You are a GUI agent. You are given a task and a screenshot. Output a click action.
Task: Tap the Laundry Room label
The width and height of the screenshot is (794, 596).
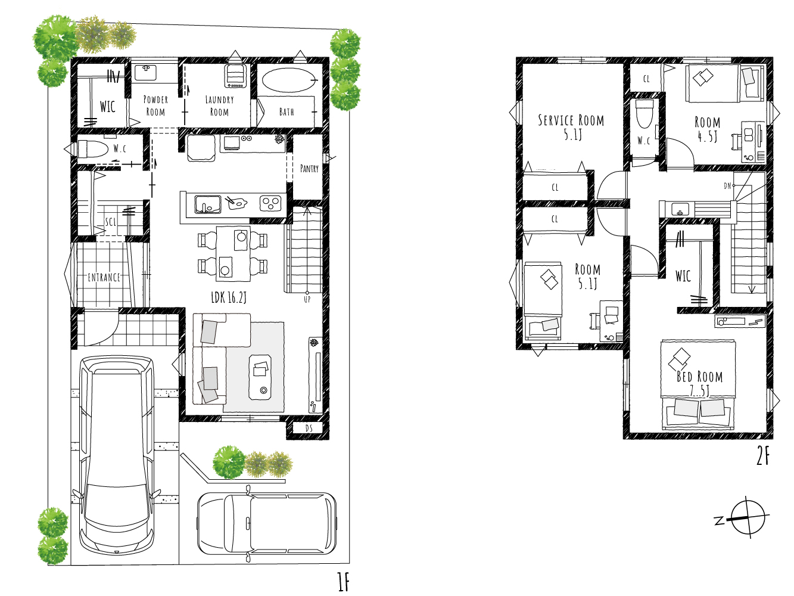[220, 105]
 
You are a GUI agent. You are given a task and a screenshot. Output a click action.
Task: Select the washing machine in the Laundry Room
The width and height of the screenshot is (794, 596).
[236, 76]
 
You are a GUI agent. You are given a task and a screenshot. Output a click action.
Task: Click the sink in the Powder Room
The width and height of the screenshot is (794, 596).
[146, 72]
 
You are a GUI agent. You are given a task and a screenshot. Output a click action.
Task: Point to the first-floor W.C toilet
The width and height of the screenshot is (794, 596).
[93, 149]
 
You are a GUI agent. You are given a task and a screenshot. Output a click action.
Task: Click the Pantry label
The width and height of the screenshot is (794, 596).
[309, 168]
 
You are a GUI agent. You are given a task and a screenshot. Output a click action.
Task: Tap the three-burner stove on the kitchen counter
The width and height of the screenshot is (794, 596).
[270, 203]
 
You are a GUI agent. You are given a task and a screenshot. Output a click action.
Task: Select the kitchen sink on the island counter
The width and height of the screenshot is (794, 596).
[208, 204]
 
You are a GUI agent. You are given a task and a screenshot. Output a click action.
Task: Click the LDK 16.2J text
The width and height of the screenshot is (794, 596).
[229, 297]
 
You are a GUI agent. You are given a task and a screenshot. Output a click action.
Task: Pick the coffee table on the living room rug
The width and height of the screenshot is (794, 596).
[260, 377]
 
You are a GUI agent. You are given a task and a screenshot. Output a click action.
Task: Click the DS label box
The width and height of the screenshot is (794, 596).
[309, 428]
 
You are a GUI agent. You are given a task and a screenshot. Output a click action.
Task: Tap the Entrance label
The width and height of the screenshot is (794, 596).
[104, 278]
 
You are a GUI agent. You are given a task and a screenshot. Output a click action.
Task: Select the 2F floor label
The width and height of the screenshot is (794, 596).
[762, 457]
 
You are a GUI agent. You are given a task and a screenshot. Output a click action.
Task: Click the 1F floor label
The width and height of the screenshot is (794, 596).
[343, 582]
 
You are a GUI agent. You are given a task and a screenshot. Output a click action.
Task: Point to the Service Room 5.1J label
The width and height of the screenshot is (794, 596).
[571, 127]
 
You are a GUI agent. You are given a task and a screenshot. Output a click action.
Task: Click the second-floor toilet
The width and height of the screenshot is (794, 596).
[644, 113]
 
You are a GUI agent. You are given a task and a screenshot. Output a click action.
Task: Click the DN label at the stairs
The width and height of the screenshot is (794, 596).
[727, 186]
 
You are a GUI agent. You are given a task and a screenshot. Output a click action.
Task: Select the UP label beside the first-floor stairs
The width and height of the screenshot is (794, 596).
[307, 299]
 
